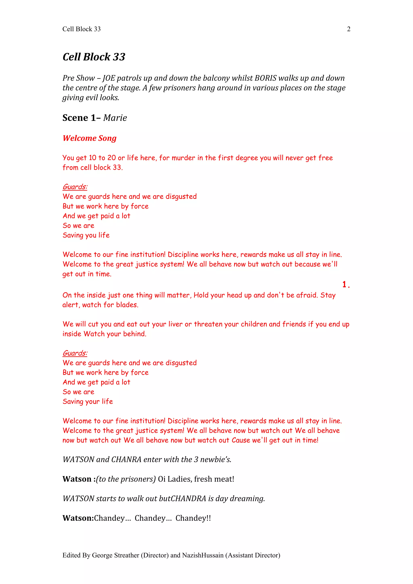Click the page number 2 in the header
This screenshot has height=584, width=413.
348,29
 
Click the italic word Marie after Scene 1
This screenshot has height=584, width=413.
115,118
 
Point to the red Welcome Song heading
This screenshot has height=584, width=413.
90,138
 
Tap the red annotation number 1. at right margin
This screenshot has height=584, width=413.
346,284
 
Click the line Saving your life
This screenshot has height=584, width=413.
88,401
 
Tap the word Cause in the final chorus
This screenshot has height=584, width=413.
241,440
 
